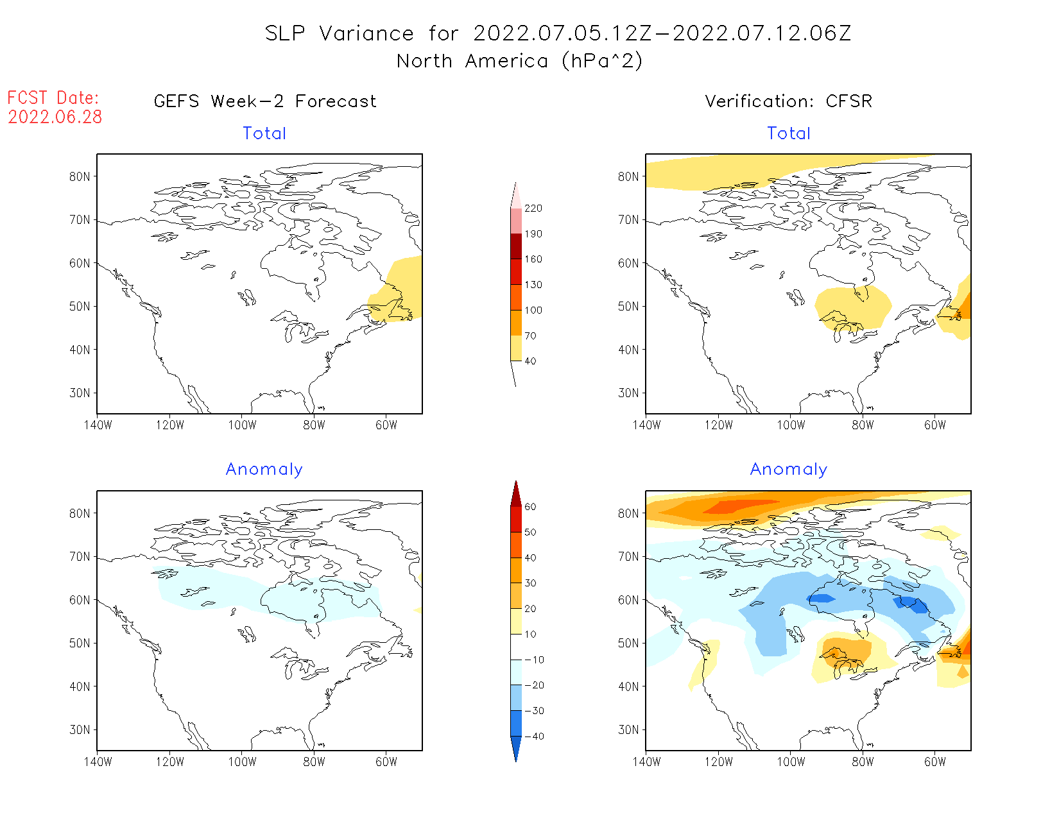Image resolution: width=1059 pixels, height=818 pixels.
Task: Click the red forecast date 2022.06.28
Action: (x=55, y=117)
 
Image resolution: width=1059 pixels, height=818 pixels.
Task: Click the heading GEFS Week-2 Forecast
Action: (x=265, y=101)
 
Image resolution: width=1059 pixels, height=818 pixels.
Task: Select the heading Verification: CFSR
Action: (x=788, y=101)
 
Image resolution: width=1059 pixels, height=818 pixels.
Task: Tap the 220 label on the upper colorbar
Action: (x=533, y=209)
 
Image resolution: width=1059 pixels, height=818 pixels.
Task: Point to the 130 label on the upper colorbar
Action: (x=533, y=285)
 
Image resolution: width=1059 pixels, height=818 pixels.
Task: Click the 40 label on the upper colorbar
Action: (x=530, y=361)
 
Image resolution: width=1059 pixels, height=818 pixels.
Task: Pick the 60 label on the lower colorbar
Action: (x=530, y=507)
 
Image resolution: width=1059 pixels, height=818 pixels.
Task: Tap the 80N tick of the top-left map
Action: (x=80, y=176)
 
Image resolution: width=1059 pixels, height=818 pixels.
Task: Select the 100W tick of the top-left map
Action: (x=242, y=425)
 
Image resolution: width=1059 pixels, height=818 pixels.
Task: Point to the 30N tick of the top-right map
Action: (x=628, y=393)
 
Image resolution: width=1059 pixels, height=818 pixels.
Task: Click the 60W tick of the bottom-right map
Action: (x=934, y=762)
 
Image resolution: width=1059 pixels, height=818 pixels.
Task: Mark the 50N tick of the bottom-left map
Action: (x=80, y=643)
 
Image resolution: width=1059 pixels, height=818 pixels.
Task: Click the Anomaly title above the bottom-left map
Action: (x=264, y=470)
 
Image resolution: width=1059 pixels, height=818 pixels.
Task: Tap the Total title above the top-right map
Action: (x=789, y=133)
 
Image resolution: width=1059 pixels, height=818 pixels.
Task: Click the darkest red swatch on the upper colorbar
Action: (x=516, y=246)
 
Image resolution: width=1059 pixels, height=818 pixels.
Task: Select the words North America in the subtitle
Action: (x=472, y=61)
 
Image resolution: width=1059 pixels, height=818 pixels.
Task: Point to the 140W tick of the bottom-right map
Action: (x=646, y=762)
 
